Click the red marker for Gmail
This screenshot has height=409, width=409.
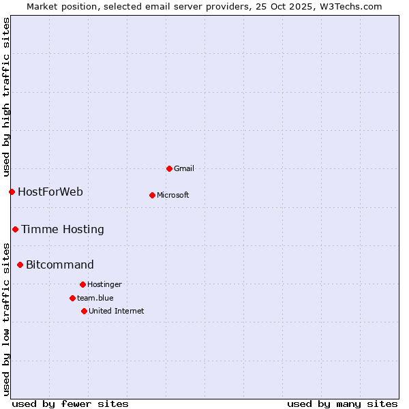169,168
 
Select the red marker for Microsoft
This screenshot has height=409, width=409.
152,195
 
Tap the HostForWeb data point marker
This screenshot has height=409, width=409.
12,192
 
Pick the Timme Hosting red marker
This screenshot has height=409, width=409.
15,229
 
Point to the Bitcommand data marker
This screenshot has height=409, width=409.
20,264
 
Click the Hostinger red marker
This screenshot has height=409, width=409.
82,284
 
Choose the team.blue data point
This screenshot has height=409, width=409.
72,298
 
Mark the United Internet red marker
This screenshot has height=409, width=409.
84,311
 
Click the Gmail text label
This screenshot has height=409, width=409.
184,168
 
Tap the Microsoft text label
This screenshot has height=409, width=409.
173,195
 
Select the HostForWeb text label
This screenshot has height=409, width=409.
50,192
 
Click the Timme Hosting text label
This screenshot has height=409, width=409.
63,229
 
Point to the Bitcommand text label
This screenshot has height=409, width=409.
60,264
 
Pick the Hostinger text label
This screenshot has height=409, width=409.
104,284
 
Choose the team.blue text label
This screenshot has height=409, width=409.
95,298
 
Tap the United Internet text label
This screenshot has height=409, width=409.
117,311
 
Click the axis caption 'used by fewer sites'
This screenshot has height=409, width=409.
70,404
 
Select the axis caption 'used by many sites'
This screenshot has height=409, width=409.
342,404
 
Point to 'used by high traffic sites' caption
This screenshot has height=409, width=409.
6,97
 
